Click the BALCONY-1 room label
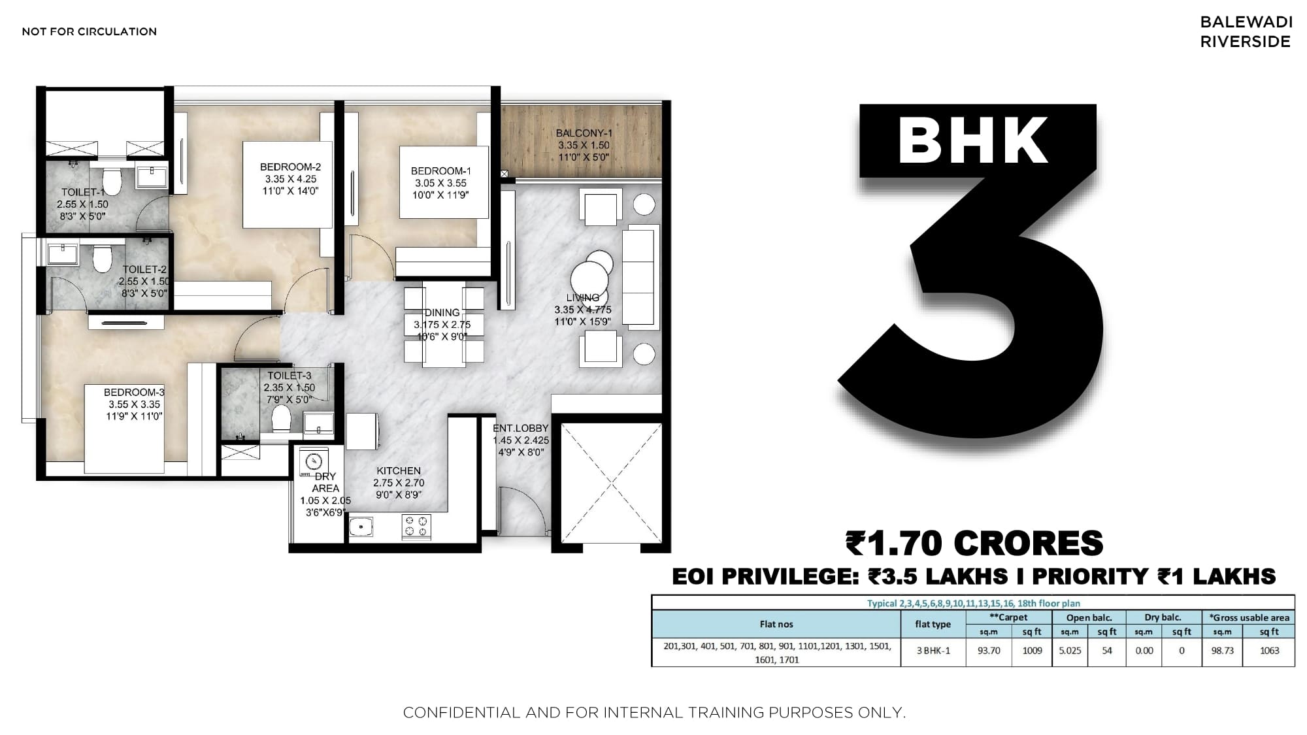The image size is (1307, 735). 583,133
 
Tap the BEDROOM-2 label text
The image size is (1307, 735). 290,167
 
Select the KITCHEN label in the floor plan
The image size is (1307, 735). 399,471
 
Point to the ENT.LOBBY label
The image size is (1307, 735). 521,429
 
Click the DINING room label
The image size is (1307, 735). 442,313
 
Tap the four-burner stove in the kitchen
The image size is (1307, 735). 416,527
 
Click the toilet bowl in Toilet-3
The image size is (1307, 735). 281,418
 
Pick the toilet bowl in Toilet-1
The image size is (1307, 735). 112,182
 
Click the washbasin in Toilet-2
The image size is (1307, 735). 62,252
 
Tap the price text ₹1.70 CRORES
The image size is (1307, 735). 974,544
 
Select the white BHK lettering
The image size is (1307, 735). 974,140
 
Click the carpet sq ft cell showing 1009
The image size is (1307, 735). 1032,651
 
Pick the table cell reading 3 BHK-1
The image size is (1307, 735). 933,651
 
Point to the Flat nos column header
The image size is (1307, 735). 776,625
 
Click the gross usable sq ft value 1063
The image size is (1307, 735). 1269,651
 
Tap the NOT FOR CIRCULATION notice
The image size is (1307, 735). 90,31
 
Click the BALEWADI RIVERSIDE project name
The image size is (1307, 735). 1246,31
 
